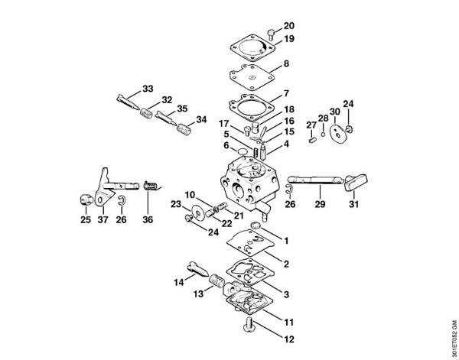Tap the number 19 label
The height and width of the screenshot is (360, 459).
pyautogui.click(x=289, y=39)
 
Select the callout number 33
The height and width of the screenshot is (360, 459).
pyautogui.click(x=148, y=89)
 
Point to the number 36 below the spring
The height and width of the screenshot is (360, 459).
pyautogui.click(x=147, y=220)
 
